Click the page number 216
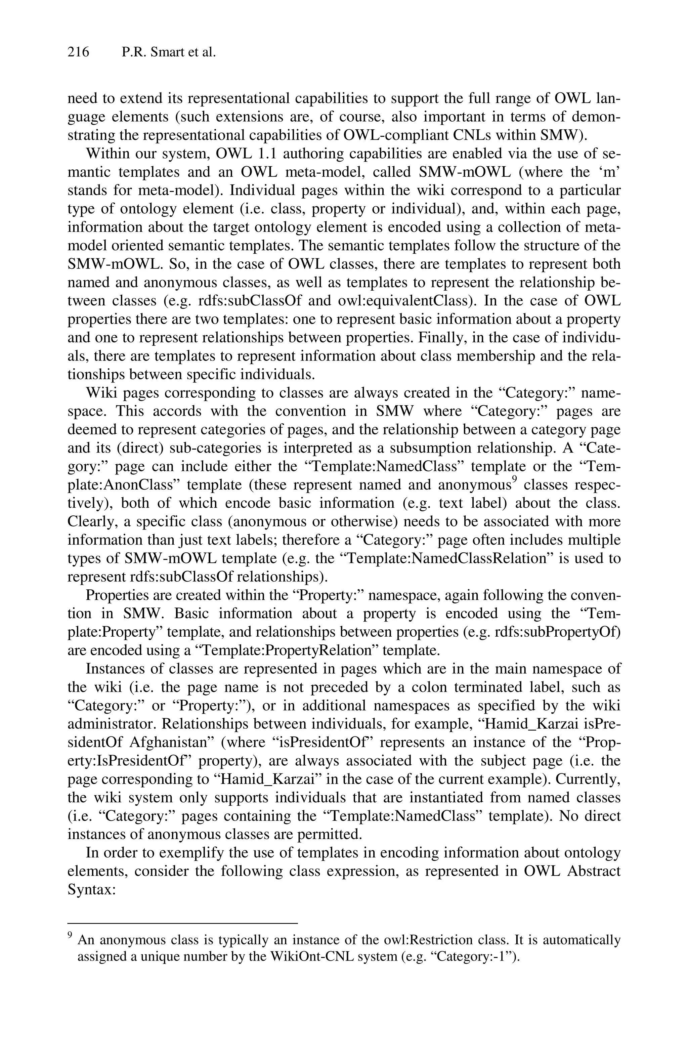(79, 52)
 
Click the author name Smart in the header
(166, 52)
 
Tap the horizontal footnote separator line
(182, 923)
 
